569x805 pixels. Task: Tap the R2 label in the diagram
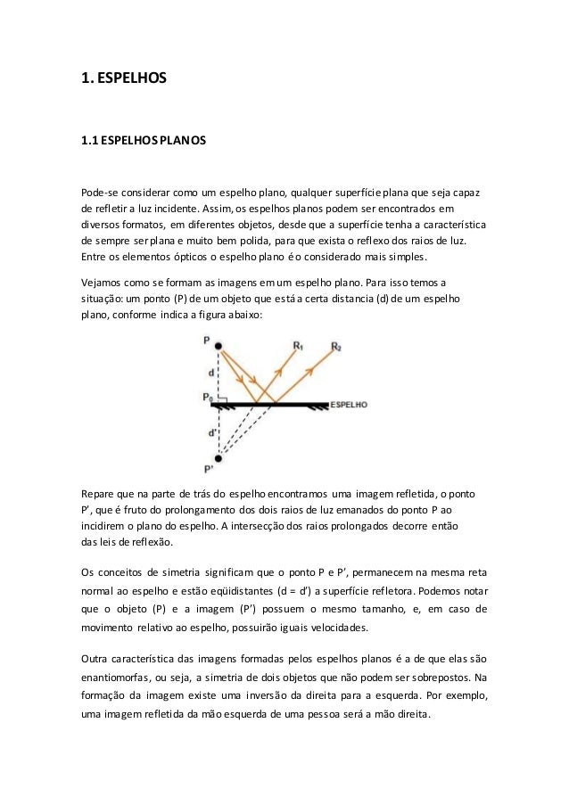[x=335, y=345]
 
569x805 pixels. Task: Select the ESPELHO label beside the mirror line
[x=349, y=404]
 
